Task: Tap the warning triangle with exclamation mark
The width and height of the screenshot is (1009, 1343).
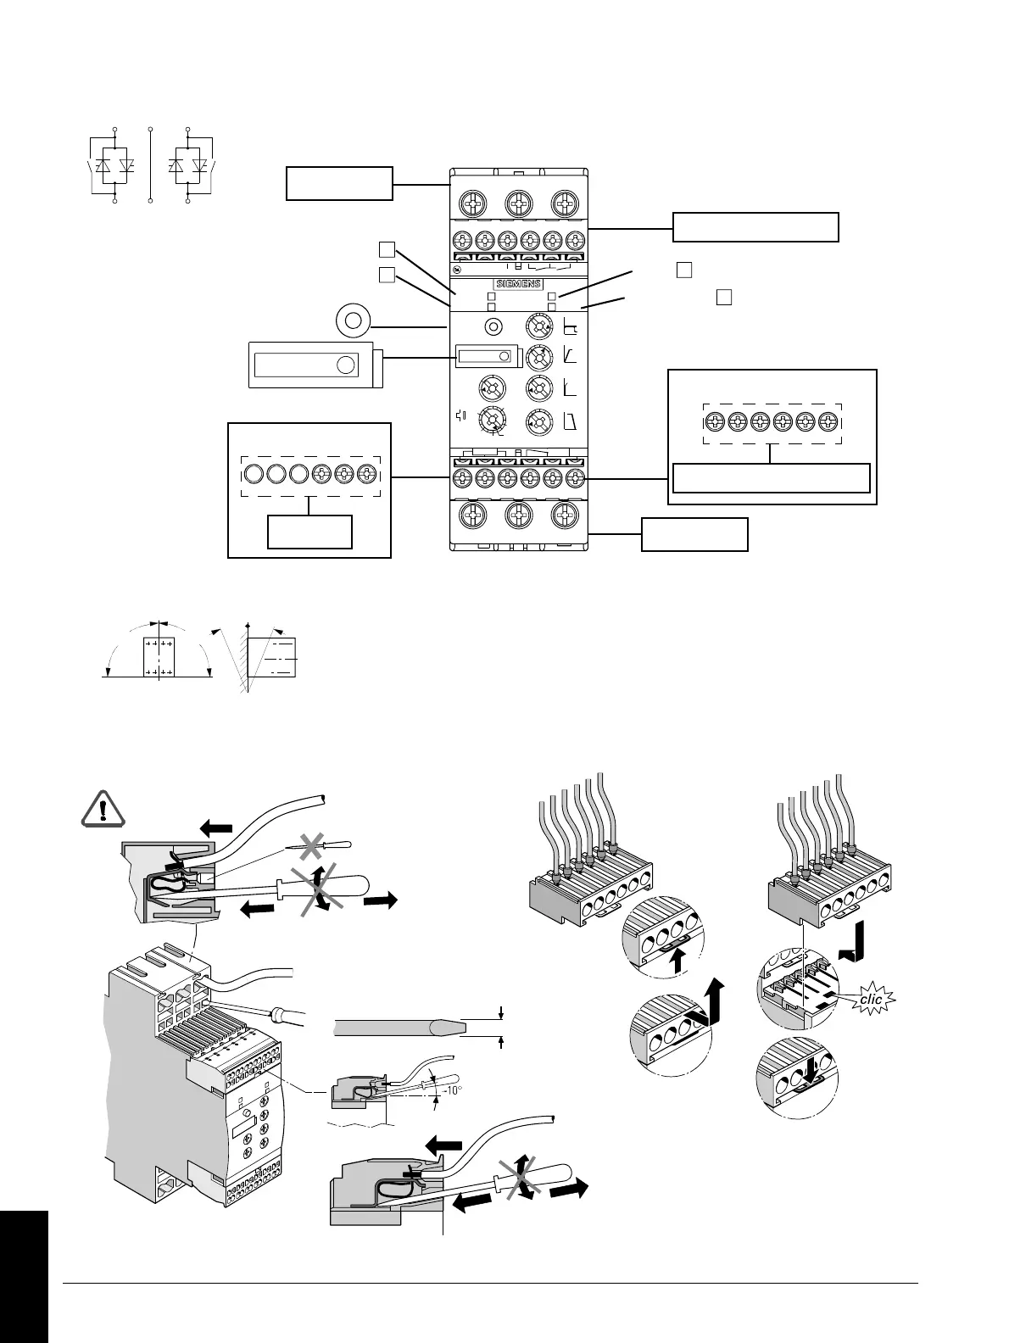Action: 103,810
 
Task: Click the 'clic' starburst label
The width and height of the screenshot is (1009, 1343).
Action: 871,999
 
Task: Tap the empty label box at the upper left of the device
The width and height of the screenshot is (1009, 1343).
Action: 339,183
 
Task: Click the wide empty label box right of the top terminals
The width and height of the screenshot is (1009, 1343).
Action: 755,227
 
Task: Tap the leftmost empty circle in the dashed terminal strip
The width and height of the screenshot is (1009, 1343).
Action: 254,473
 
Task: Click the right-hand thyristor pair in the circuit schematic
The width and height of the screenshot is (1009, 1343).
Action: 189,166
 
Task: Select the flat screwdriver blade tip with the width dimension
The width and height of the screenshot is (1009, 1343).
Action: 445,1027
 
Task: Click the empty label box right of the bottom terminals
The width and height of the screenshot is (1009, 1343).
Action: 694,534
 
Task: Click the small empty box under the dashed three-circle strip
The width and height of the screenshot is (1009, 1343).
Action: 309,532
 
